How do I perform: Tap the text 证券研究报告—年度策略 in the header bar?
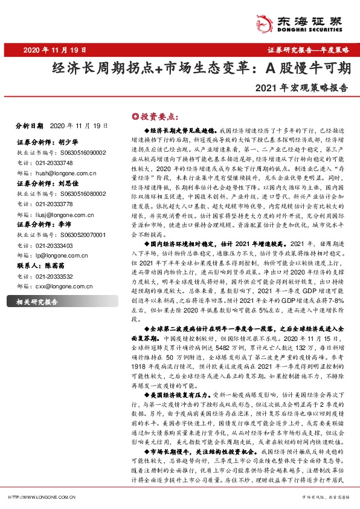click(309, 50)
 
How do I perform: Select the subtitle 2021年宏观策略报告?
click(302, 86)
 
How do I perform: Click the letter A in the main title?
click(269, 67)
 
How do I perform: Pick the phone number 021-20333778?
click(51, 204)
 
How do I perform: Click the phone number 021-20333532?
click(51, 276)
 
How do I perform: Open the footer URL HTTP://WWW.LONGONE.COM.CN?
click(42, 497)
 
